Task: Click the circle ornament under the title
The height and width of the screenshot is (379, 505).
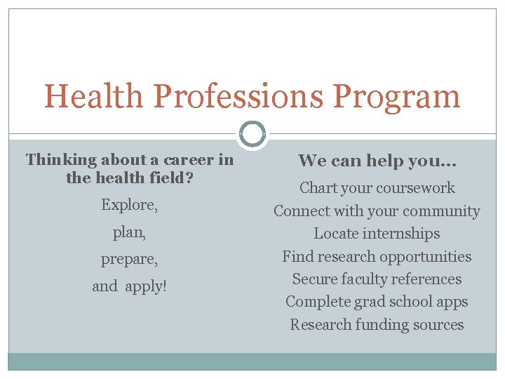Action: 252,133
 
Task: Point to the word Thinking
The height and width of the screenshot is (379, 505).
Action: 62,160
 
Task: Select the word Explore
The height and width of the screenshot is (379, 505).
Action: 130,205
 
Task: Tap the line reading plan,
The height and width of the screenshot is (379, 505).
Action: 130,232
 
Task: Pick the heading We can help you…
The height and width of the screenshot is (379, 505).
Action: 377,161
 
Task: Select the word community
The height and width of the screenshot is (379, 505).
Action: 438,211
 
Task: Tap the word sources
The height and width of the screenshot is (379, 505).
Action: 439,325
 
